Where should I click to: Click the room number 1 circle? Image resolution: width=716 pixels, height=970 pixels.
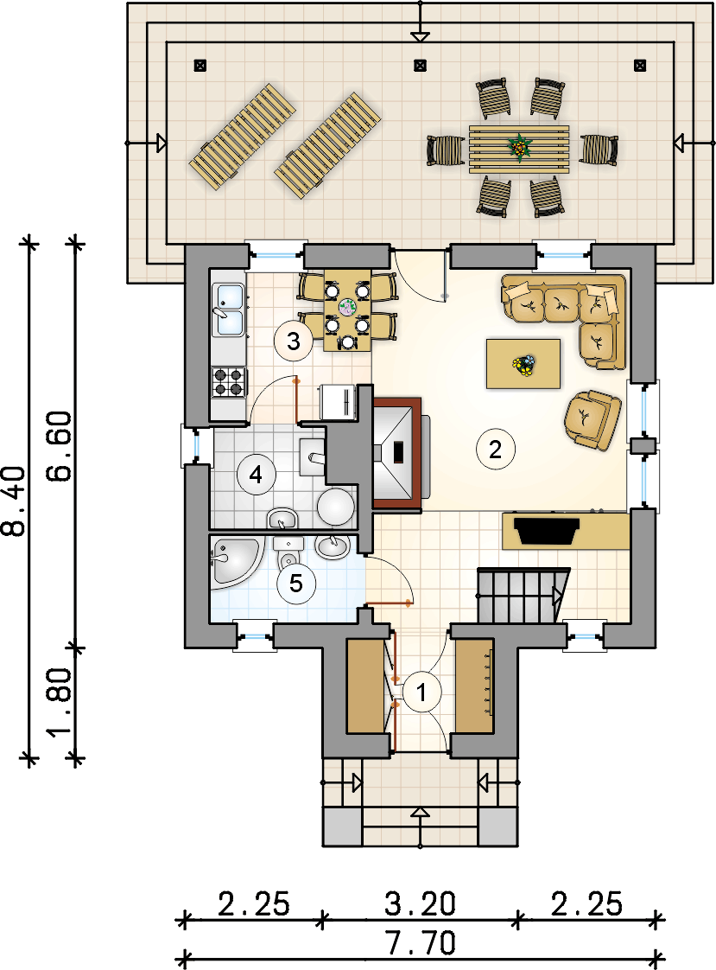tap(422, 692)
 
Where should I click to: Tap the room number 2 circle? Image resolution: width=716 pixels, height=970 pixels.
tap(496, 449)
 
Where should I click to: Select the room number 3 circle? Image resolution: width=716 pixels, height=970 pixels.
tap(294, 341)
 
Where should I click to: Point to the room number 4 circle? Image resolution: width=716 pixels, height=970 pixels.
tap(256, 475)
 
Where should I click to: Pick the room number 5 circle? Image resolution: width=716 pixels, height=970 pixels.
tap(296, 584)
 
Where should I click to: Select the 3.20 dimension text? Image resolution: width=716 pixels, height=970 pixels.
tap(420, 903)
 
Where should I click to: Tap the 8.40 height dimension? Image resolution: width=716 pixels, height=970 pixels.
tap(14, 501)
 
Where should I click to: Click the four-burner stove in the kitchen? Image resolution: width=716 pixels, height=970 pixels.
tap(229, 381)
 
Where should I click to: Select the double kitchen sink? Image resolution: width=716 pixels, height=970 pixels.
tap(229, 310)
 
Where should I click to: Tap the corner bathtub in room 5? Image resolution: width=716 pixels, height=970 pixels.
tap(236, 561)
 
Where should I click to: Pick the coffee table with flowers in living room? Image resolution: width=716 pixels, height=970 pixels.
tap(523, 364)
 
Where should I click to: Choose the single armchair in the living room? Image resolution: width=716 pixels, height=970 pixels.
tap(592, 419)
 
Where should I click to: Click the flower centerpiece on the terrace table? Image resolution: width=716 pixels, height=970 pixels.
tap(520, 148)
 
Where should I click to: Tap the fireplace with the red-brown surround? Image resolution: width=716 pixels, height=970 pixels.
tap(397, 455)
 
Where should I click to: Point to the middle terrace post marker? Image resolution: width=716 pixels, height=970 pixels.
tap(420, 64)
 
